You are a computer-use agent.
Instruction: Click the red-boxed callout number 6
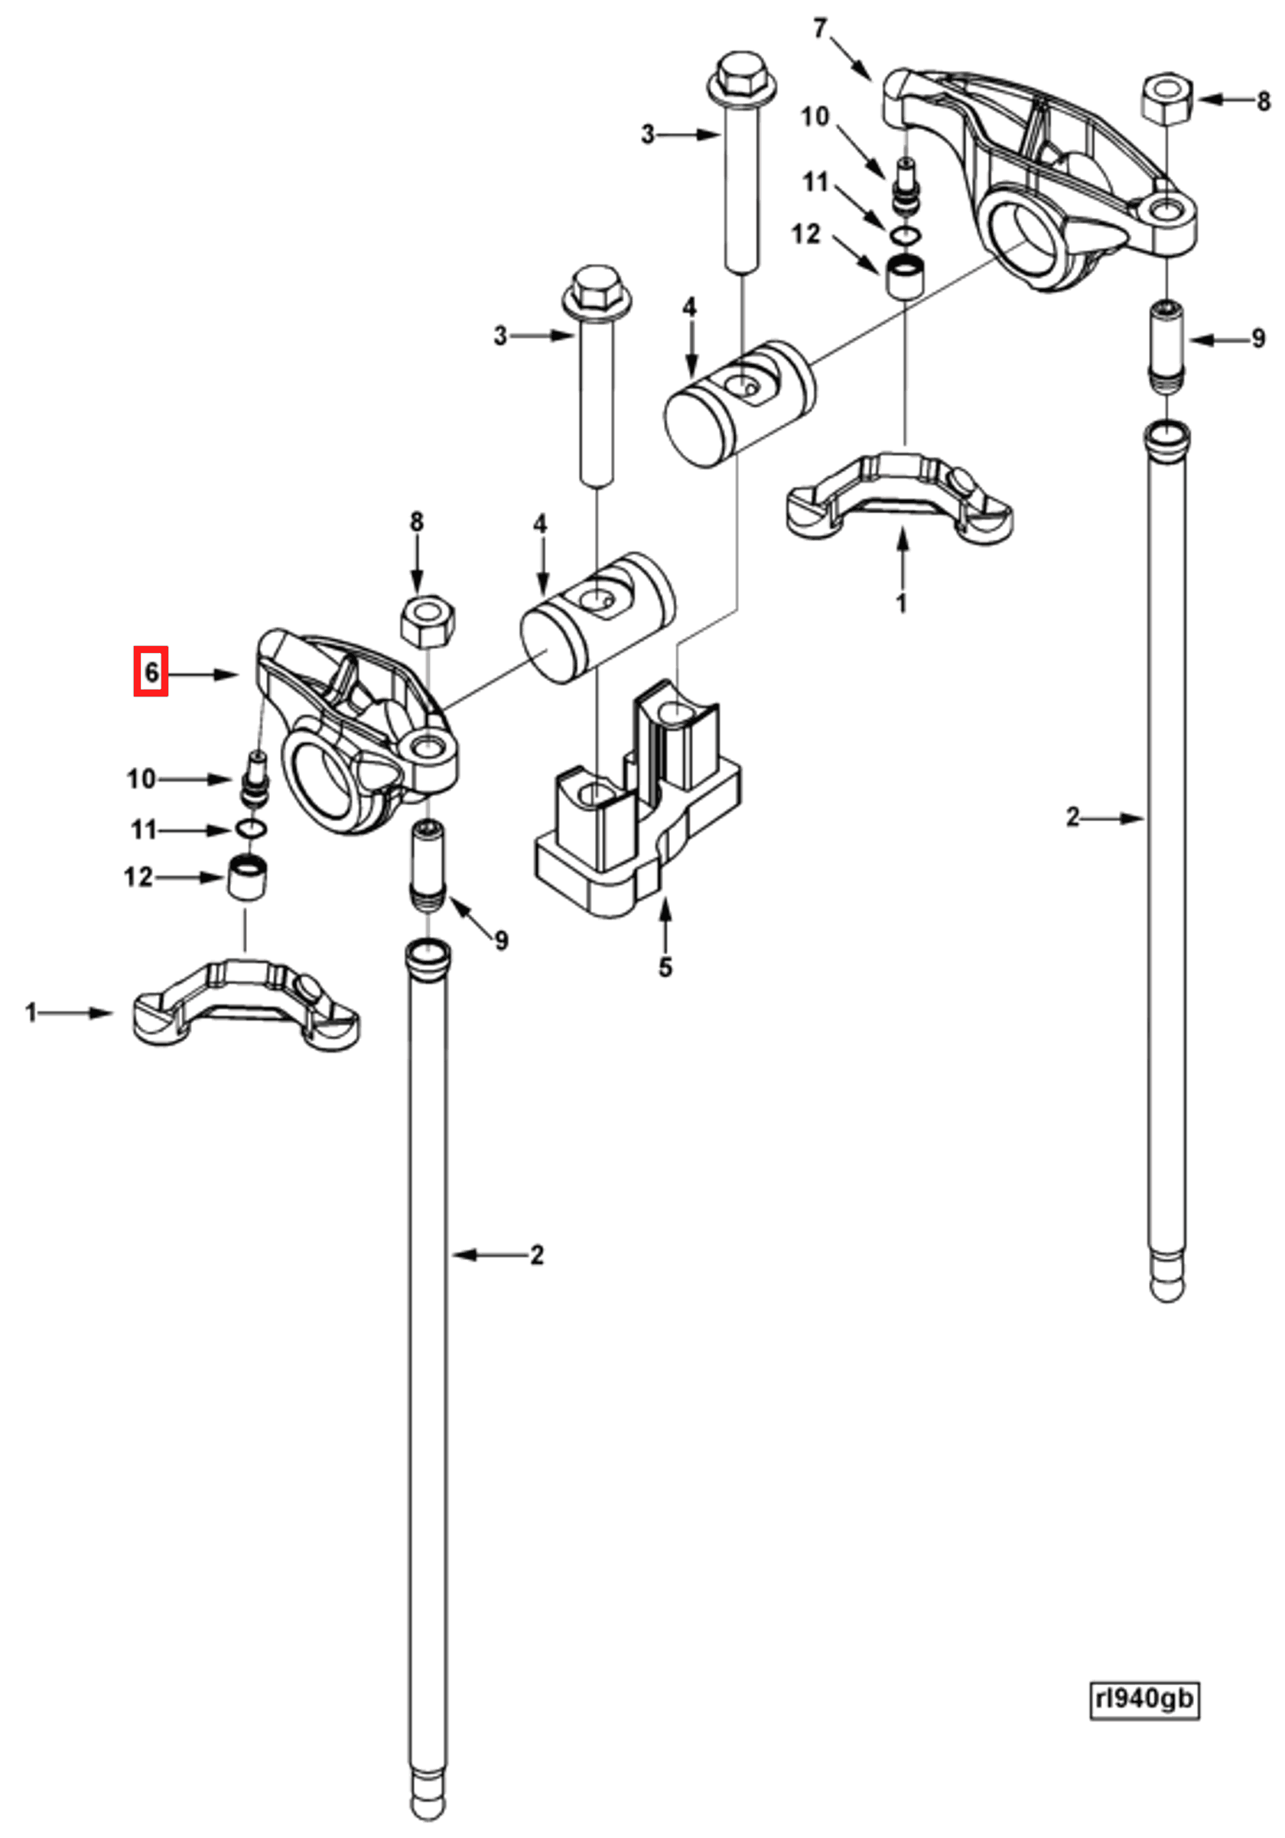[x=151, y=671]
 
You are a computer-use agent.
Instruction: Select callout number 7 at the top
[x=819, y=30]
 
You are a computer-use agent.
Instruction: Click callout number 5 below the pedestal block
[x=665, y=967]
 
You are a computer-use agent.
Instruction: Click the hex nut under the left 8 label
[x=428, y=622]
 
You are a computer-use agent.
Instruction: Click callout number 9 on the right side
[x=1257, y=339]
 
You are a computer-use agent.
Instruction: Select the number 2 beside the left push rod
[x=536, y=1255]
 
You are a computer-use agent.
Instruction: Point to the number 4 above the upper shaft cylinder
[x=689, y=307]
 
